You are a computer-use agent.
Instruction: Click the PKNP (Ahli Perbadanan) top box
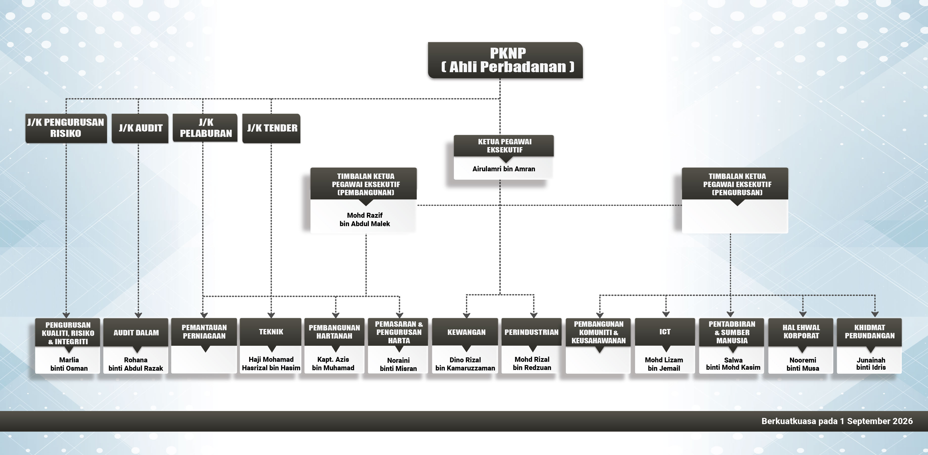tap(505, 60)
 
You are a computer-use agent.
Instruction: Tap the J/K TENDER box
tap(271, 128)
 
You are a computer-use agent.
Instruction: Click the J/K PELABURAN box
tap(205, 128)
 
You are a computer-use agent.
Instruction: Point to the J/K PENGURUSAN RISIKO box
tap(66, 128)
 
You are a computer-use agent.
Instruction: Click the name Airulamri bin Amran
tap(504, 169)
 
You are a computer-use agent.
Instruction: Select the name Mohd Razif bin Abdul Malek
tap(365, 219)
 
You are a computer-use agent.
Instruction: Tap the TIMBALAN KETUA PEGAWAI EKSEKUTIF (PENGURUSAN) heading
tap(737, 184)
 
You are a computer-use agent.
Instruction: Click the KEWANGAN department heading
tap(466, 332)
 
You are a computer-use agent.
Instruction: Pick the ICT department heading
tap(665, 332)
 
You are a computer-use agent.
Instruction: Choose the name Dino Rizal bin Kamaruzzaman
tap(465, 364)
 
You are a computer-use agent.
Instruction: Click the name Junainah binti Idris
tap(871, 364)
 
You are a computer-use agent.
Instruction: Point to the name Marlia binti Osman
tap(69, 364)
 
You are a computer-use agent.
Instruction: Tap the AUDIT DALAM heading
tap(136, 333)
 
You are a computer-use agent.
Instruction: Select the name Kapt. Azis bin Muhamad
tap(333, 364)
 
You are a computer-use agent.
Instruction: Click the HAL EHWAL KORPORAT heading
tap(801, 331)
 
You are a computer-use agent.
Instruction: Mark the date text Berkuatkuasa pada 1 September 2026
tap(837, 421)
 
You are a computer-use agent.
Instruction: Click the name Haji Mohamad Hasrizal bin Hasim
tap(271, 364)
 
